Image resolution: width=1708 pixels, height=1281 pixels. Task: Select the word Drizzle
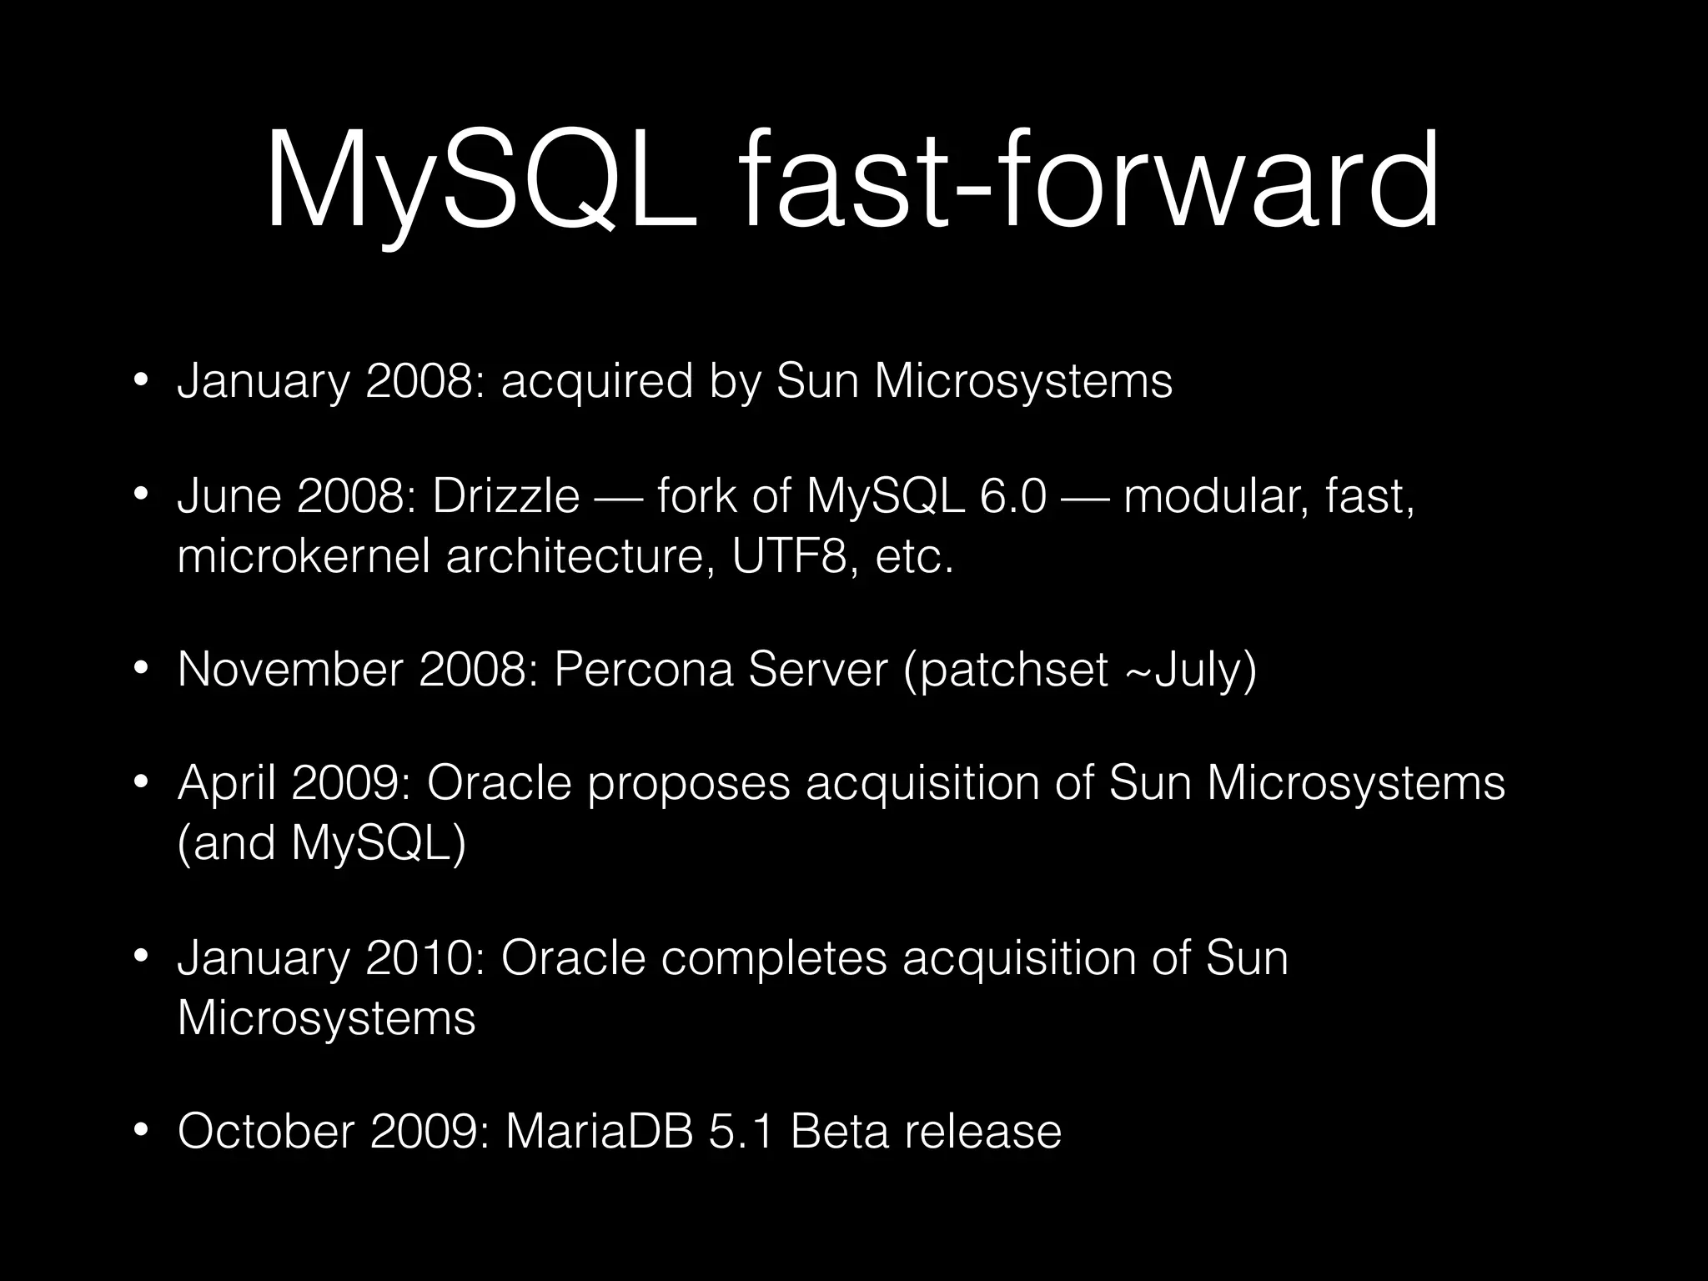pyautogui.click(x=505, y=497)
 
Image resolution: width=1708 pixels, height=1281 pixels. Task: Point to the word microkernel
pyautogui.click(x=304, y=557)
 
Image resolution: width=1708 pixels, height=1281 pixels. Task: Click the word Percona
pyautogui.click(x=643, y=670)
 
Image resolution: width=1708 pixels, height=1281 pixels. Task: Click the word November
pyautogui.click(x=290, y=670)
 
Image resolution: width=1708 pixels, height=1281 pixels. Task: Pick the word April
pyautogui.click(x=227, y=783)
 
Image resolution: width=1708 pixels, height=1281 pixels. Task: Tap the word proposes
pyautogui.click(x=688, y=783)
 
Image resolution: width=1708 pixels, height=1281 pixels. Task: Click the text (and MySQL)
pyautogui.click(x=322, y=843)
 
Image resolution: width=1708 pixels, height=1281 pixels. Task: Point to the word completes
pyautogui.click(x=774, y=957)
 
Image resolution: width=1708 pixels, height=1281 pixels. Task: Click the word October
pyautogui.click(x=267, y=1132)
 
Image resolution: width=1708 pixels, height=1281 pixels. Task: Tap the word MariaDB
pyautogui.click(x=599, y=1132)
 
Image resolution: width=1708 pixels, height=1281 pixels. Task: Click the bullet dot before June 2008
pyautogui.click(x=141, y=497)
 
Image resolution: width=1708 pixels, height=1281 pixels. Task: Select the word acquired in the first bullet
pyautogui.click(x=597, y=382)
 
